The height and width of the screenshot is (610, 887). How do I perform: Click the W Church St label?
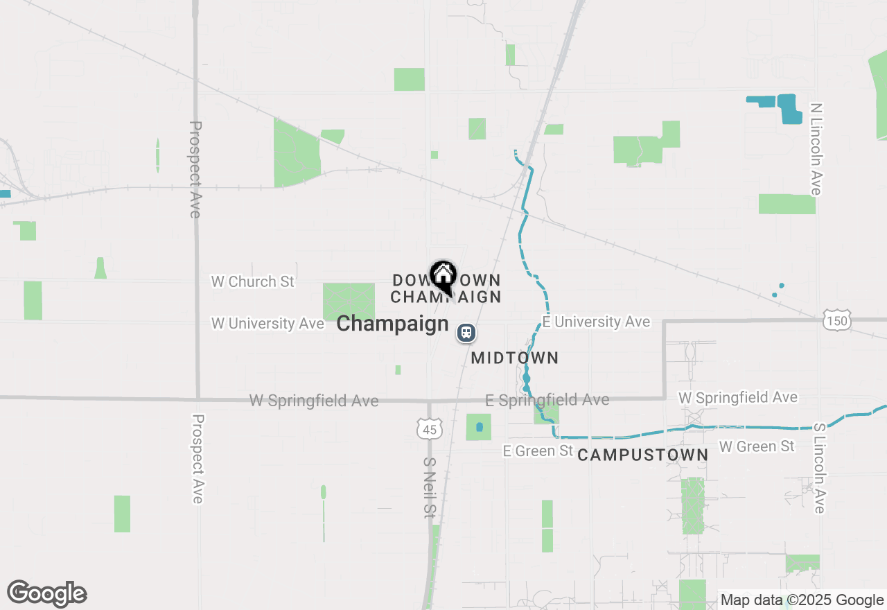253,281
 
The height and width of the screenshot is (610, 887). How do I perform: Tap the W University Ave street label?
267,323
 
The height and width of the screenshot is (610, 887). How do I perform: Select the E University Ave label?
597,322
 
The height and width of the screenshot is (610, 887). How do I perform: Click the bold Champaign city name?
392,324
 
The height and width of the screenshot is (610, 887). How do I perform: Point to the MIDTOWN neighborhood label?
514,358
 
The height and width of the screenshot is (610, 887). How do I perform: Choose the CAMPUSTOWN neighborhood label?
642,455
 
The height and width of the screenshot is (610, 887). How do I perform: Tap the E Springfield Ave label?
547,400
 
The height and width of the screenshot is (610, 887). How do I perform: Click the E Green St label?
538,451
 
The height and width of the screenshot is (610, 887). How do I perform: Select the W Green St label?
757,446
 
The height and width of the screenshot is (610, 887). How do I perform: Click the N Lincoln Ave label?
816,149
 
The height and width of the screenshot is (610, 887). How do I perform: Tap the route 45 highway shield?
430,428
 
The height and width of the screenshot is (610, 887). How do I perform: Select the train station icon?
466,333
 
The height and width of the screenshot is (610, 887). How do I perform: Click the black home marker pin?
443,277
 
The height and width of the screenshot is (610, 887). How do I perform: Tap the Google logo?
47,593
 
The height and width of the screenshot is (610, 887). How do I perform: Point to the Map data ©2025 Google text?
802,600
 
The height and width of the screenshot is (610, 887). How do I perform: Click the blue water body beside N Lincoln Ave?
788,107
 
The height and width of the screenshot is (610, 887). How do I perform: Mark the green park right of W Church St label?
349,302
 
